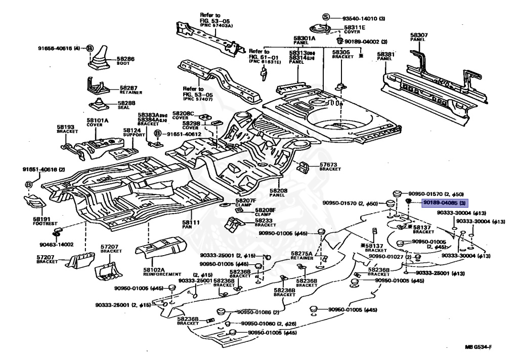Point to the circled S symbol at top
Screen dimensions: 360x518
tap(326, 18)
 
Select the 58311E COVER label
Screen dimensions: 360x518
tap(355, 29)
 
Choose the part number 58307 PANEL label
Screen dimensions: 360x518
tap(419, 37)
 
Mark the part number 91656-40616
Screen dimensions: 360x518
tap(59, 48)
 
